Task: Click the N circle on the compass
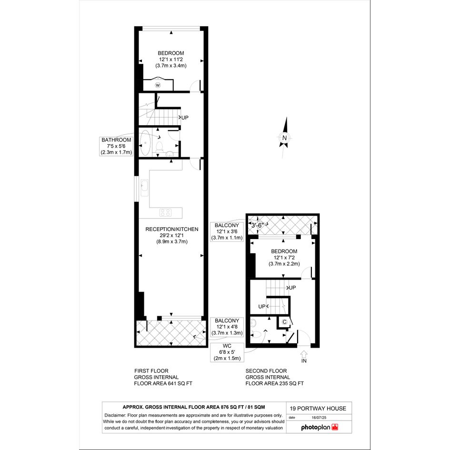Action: (x=284, y=138)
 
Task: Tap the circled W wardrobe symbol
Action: (x=158, y=85)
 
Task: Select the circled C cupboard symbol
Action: (x=284, y=322)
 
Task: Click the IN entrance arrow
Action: (x=304, y=354)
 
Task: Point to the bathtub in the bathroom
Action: (x=145, y=143)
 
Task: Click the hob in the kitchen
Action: (x=166, y=213)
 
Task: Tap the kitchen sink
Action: (x=144, y=188)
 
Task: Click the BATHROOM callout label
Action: (x=116, y=146)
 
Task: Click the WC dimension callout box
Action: (x=227, y=352)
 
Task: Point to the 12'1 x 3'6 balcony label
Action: (x=227, y=231)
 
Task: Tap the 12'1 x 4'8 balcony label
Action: (x=227, y=327)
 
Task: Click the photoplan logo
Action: (x=320, y=427)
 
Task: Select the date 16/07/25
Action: (x=319, y=418)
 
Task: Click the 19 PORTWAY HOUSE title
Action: (x=318, y=409)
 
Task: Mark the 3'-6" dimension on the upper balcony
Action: (x=258, y=225)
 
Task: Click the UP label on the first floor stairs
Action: (x=185, y=117)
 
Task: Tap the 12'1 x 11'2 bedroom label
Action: (x=171, y=60)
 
